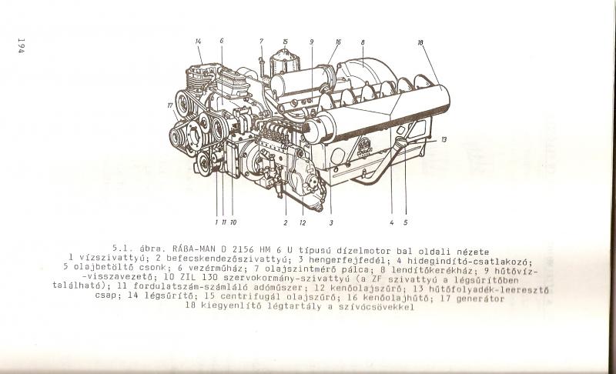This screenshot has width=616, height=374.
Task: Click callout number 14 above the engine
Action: (x=198, y=42)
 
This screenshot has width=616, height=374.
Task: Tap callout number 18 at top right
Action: (x=420, y=42)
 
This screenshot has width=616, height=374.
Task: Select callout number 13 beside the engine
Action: (x=444, y=139)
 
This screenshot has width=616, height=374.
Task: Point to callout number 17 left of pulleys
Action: (x=170, y=105)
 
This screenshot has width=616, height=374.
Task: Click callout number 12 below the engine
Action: (x=303, y=222)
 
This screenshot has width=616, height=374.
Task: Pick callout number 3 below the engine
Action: (x=331, y=222)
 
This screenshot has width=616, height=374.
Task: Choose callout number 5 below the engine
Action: (x=406, y=222)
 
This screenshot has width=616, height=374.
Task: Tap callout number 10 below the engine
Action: (x=233, y=222)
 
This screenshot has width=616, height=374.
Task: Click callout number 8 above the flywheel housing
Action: (x=363, y=42)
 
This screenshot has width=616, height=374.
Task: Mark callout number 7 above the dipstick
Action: (x=261, y=42)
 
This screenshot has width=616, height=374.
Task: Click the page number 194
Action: (x=22, y=45)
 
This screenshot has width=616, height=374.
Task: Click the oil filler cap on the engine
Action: (x=401, y=142)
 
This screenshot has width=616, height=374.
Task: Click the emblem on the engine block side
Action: (x=365, y=149)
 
